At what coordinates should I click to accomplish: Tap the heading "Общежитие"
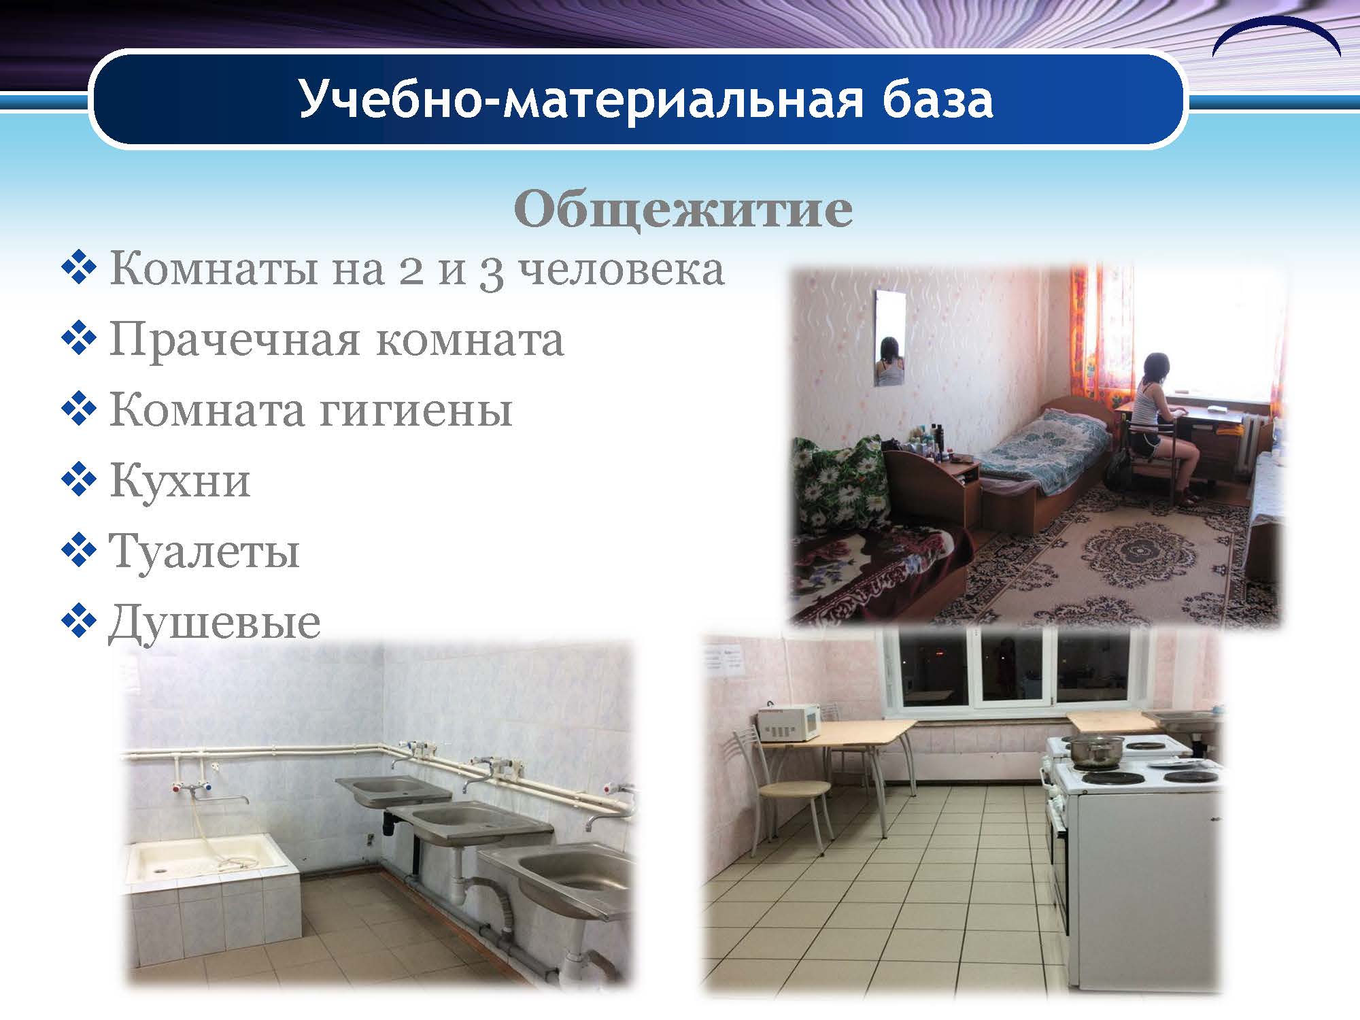[683, 209]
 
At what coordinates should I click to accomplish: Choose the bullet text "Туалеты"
[204, 551]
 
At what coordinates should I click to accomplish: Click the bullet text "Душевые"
[214, 622]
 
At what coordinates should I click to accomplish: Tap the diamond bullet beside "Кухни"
[79, 481]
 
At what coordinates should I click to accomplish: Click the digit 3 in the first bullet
[492, 272]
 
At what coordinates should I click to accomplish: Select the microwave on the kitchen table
[789, 722]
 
